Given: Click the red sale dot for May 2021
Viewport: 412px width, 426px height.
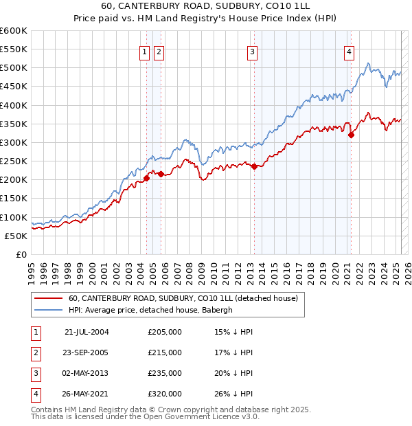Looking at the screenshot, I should (x=351, y=135).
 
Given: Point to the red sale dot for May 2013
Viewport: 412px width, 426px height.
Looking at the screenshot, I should (x=254, y=166).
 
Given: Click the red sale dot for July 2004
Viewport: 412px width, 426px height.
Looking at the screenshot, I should (x=146, y=178).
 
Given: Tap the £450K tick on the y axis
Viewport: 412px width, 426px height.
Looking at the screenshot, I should (x=14, y=86).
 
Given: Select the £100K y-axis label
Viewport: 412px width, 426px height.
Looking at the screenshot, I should (x=14, y=216).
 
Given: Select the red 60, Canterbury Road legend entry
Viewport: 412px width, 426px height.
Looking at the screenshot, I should (x=183, y=298).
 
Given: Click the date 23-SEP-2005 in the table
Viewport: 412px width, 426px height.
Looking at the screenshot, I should (x=86, y=352).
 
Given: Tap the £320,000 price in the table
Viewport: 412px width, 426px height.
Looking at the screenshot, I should (x=165, y=394).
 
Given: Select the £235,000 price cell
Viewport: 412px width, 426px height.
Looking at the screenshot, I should (x=165, y=373).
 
